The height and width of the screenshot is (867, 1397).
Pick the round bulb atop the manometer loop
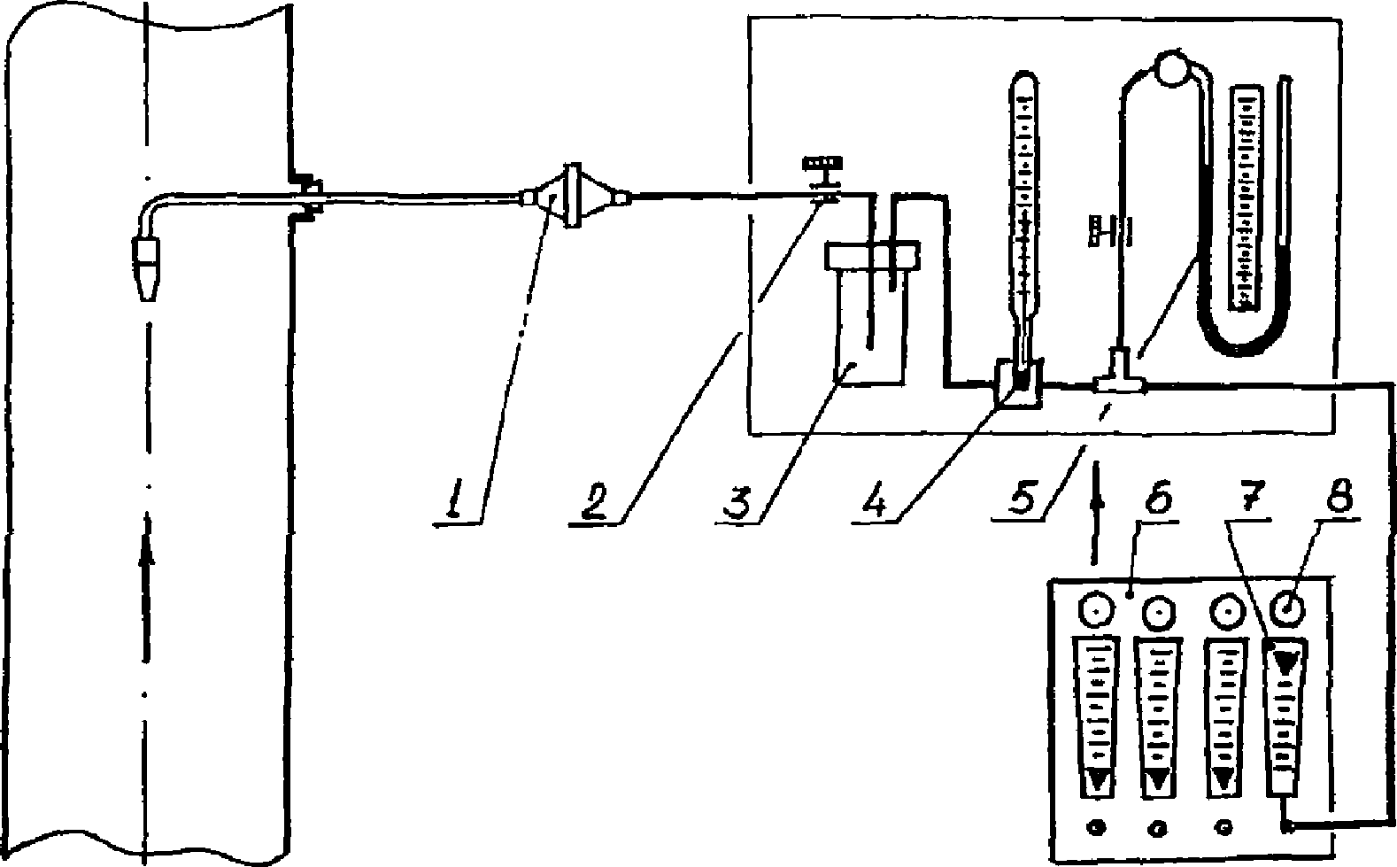[1173, 69]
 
